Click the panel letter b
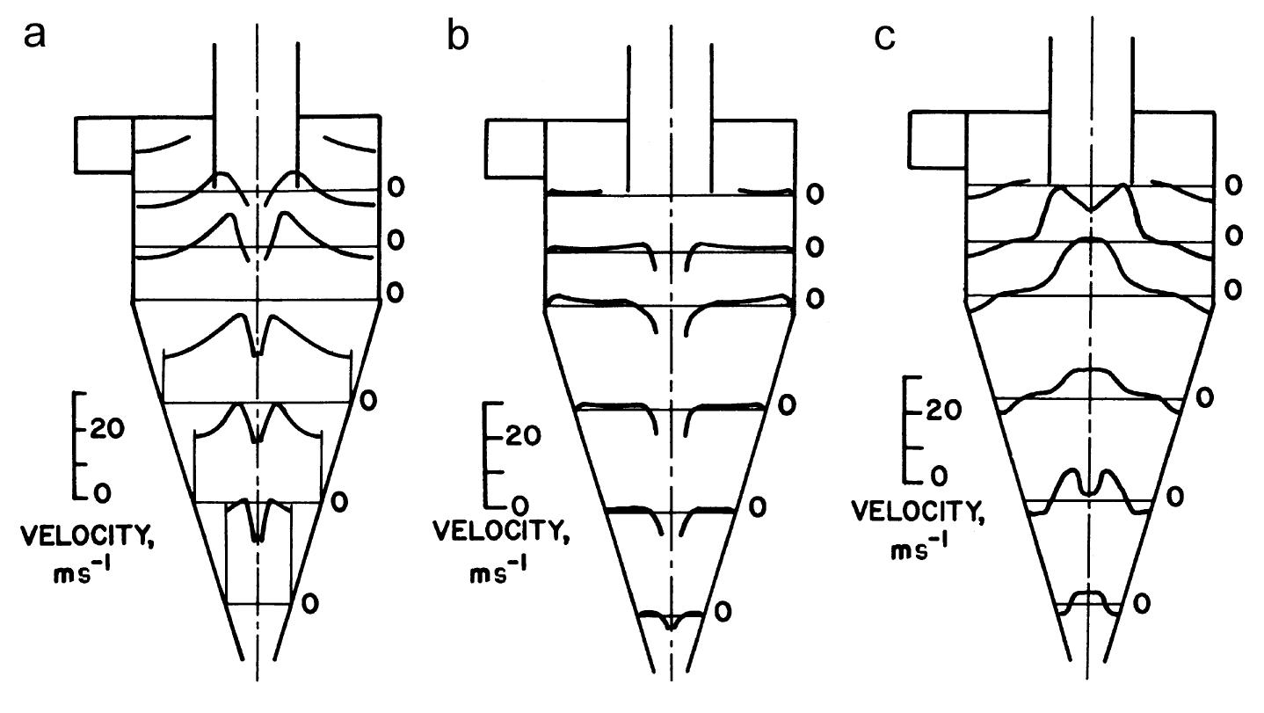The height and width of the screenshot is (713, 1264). (x=459, y=40)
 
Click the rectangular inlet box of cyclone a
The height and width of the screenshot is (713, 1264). (x=104, y=143)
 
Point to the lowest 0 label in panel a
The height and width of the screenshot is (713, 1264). (x=309, y=603)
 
